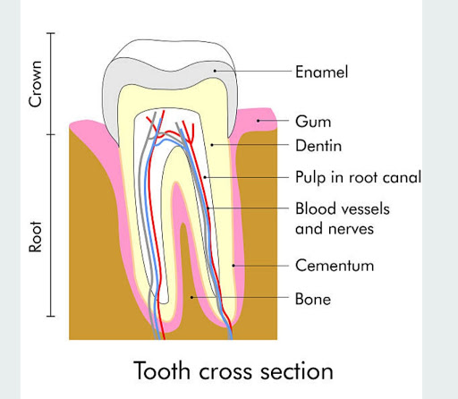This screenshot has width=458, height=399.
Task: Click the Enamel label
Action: point(321,72)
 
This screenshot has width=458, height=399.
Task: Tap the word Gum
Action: point(313,122)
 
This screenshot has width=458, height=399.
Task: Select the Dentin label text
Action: point(318,146)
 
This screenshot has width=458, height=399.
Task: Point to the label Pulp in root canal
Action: point(358,177)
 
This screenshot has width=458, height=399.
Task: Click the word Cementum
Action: point(335,266)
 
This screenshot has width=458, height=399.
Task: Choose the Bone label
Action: point(313,299)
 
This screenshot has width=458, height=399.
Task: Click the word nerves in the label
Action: point(351,229)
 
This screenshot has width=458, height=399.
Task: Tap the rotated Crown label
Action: point(35,84)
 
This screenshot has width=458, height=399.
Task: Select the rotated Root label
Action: point(35,237)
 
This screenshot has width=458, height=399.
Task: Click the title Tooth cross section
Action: point(233,370)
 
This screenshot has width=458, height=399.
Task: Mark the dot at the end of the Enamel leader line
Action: point(215,71)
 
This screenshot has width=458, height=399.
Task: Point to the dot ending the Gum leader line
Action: point(259,121)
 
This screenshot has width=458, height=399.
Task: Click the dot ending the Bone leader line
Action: point(191,297)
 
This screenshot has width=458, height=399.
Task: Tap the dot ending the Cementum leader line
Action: point(233,265)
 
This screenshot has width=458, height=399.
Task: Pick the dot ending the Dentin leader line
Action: point(212,145)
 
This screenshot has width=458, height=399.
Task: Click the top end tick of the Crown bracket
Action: point(51,33)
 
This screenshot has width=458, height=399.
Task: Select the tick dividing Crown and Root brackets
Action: point(51,134)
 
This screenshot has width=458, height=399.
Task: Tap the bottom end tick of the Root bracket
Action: point(51,316)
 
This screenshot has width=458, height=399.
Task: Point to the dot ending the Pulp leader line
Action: point(205,177)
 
